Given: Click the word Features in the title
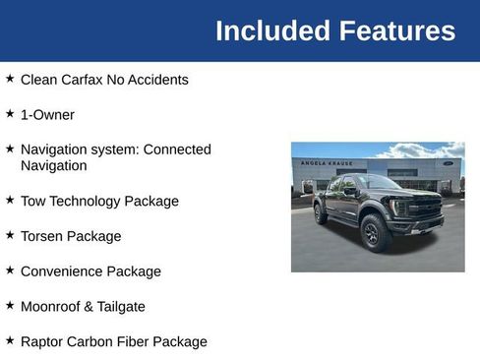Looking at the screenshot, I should click(397, 30).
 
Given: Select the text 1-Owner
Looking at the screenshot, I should click(47, 114).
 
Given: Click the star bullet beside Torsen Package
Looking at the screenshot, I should click(10, 235).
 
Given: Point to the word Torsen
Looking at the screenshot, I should click(44, 236).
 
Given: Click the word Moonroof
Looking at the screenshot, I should click(50, 306).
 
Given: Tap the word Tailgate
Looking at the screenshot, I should click(120, 306).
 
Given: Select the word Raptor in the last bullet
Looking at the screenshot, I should click(44, 341).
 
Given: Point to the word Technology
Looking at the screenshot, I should click(88, 201).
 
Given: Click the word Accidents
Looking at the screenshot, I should click(160, 80).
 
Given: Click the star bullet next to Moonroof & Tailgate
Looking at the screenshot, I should click(10, 305).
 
